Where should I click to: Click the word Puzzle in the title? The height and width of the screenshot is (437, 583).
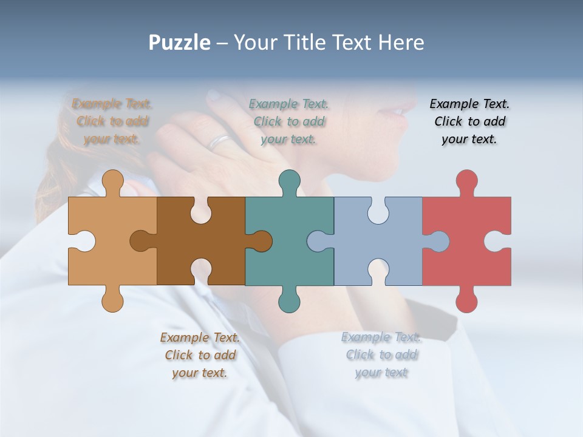click(x=180, y=42)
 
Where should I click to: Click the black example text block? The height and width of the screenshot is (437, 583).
click(x=469, y=121)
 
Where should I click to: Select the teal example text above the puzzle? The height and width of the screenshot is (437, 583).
click(x=289, y=121)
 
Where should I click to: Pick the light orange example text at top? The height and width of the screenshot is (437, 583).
click(x=112, y=121)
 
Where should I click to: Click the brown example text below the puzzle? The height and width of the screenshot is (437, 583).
click(x=200, y=355)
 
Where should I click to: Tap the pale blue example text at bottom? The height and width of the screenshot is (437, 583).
click(x=381, y=355)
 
